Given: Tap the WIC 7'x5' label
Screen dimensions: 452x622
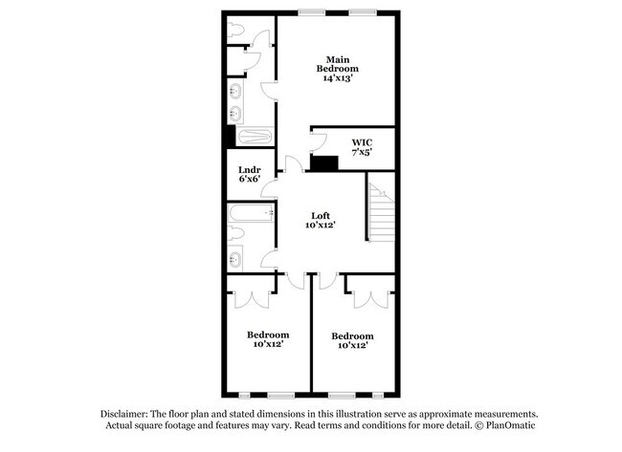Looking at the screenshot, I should coord(361,147).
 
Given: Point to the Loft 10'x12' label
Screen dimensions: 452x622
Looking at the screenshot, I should coord(320,220).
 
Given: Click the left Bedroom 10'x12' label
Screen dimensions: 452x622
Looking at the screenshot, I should coord(268,340).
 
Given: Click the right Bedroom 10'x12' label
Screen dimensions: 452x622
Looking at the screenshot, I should coord(352,341).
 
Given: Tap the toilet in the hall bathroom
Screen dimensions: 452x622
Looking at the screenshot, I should coord(237,234).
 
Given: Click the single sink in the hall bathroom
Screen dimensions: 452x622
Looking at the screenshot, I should coord(235,258).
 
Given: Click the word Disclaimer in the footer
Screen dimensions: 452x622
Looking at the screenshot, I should coord(128,414).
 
